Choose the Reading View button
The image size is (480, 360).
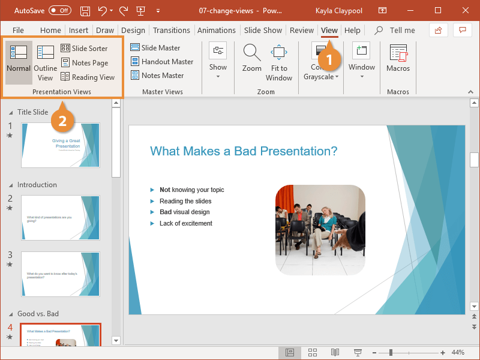point(88,77)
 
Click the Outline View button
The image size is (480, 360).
point(45,64)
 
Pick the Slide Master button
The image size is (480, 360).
point(155,48)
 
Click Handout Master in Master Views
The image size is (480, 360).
point(162,62)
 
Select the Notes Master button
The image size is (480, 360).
point(157,76)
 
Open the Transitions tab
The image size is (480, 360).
point(171,31)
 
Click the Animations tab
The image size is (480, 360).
point(217,31)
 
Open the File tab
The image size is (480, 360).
point(18,31)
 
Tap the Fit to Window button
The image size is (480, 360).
point(279,64)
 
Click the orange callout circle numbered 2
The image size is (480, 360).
point(62,119)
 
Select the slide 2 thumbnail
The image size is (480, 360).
point(61,218)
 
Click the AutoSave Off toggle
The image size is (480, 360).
point(59,11)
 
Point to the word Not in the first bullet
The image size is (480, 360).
point(165,190)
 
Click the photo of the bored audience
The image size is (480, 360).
point(320,229)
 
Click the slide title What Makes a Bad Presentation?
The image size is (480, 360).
point(244,151)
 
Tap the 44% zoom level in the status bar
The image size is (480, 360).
point(458,352)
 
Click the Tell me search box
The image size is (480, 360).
point(402,31)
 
